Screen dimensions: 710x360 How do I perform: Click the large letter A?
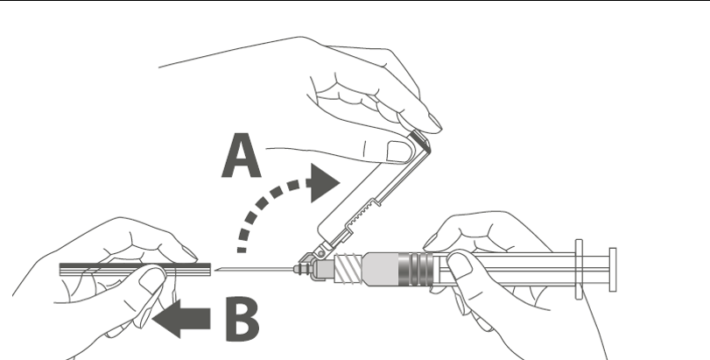coord(242,155)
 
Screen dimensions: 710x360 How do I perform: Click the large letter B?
coord(243,318)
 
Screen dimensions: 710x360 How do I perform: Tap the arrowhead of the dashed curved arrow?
coord(324,183)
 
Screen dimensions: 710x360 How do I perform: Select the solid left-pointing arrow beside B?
coord(181,318)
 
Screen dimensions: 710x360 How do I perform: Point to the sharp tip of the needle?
coord(215,270)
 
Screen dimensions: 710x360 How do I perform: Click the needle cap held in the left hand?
coord(135,270)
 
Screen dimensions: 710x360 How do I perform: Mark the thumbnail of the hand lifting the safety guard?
coord(398,152)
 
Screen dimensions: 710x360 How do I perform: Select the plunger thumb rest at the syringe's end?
coord(613,270)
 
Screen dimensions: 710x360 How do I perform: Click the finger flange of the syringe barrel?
coord(580,270)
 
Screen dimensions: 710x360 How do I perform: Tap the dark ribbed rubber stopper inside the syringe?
coord(415,270)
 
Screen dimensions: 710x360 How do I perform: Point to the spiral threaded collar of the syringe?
coord(348,269)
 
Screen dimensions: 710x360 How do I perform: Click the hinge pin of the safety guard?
coord(321,254)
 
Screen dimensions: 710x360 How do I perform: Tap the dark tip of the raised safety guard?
coord(419,138)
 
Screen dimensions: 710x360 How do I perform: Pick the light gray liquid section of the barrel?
coord(381,270)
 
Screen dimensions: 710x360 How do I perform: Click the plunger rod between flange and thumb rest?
coord(596,270)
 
